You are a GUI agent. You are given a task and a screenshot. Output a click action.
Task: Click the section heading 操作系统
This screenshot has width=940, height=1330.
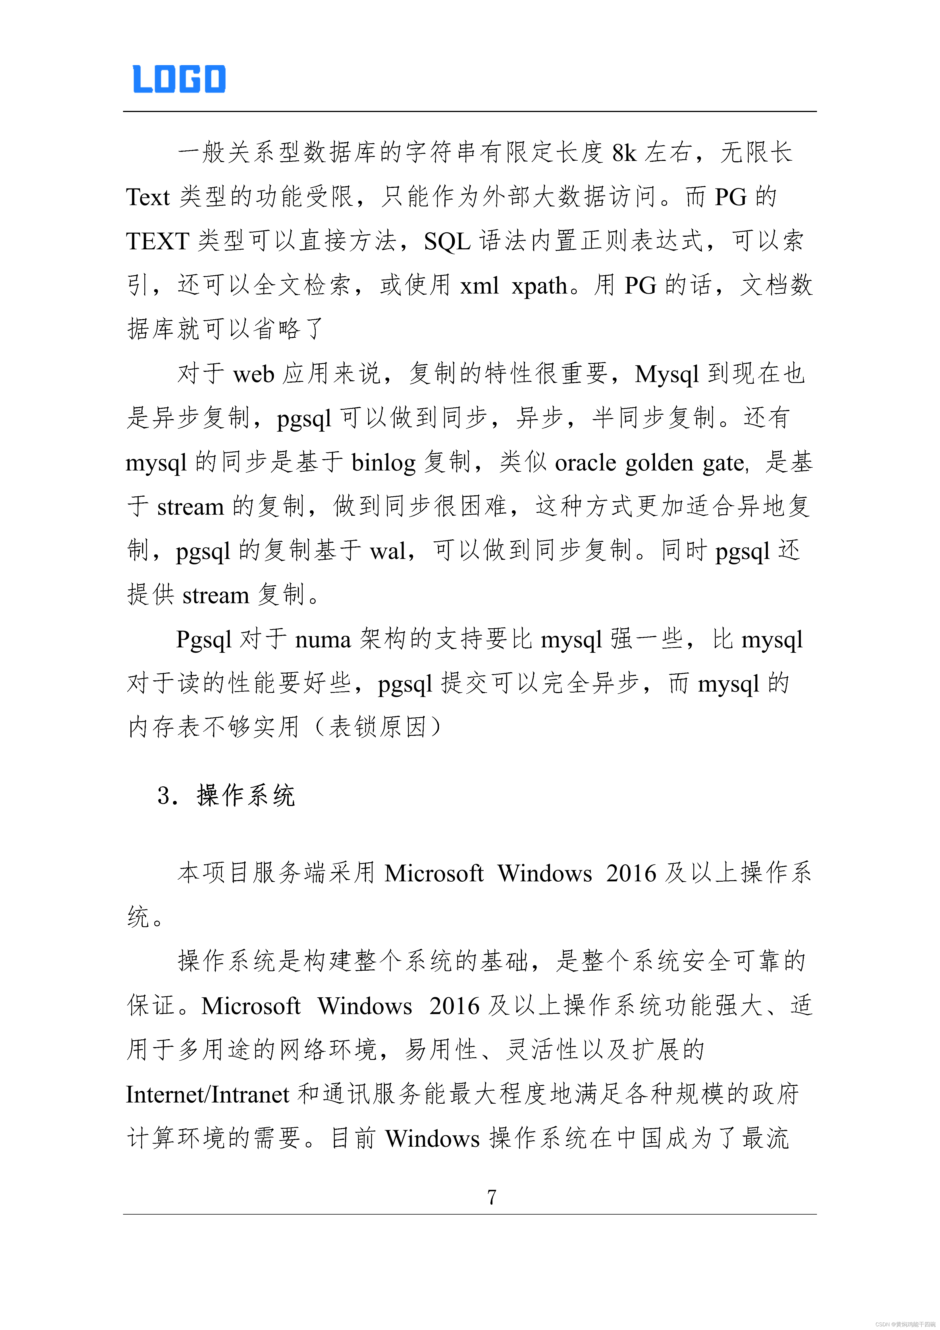click(246, 795)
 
